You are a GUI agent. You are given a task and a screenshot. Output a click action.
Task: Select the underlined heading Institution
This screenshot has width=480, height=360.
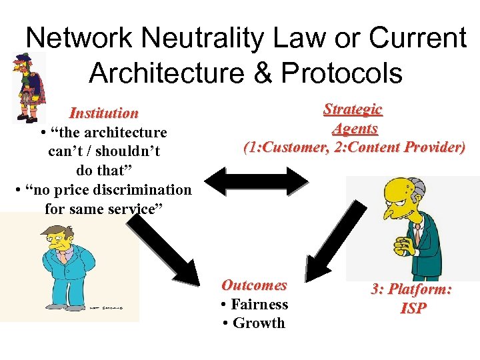click(104, 113)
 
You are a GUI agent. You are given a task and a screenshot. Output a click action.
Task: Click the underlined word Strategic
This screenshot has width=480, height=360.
click(353, 109)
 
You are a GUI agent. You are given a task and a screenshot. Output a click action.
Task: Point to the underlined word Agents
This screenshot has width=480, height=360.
click(355, 128)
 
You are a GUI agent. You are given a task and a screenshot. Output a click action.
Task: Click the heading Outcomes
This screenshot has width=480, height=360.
click(254, 285)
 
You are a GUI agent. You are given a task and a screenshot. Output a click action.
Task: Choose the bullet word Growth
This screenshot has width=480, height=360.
click(258, 323)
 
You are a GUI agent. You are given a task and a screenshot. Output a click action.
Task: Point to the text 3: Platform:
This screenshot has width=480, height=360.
click(411, 289)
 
